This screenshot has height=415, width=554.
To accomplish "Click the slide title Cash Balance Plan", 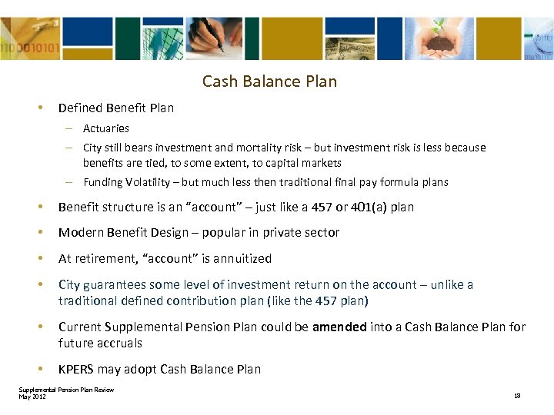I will tap(269, 81).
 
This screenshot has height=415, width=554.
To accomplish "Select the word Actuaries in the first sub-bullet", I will tap(106, 128).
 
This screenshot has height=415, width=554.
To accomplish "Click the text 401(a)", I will tap(355, 207).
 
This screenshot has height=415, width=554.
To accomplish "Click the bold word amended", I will tap(339, 327).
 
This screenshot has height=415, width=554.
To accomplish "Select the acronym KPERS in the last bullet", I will tap(78, 370).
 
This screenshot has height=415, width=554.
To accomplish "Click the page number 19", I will tap(517, 396).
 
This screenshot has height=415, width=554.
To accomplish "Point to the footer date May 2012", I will tap(32, 396).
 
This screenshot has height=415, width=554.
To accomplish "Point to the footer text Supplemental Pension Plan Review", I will tap(66, 390).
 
